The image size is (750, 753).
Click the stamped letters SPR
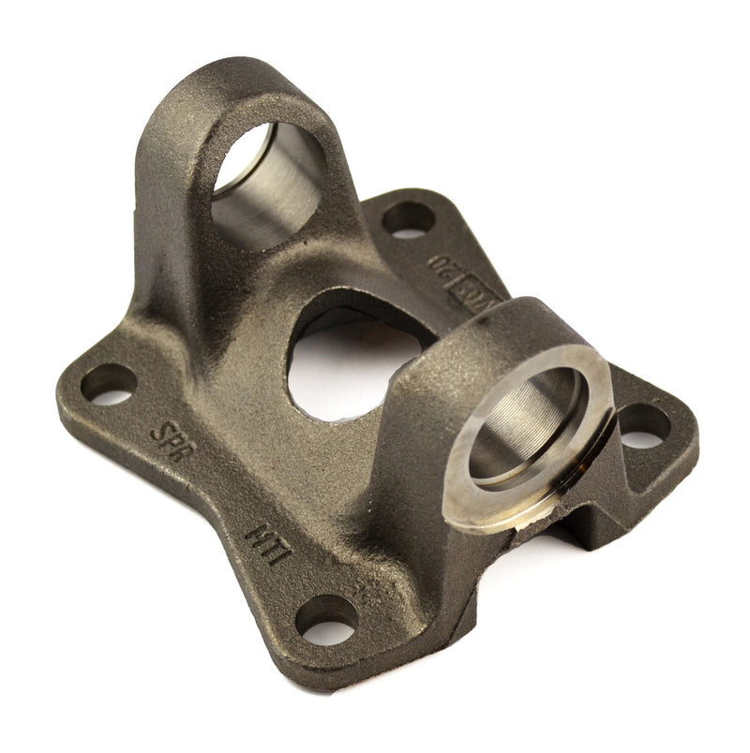coord(170,436)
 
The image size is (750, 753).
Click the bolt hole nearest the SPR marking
coord(109,384)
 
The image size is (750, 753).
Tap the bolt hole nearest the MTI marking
coord(326,617)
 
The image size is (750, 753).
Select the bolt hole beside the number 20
coord(409,219)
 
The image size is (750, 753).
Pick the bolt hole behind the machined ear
coord(644,426)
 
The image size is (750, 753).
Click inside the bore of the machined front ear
coord(526,421)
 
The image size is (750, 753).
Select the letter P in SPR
coord(170,436)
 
